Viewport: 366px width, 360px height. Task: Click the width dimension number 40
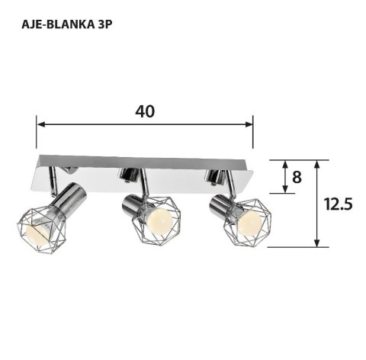coord(145,111)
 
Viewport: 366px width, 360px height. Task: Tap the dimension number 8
coord(297,177)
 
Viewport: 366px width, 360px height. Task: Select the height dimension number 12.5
coord(337,204)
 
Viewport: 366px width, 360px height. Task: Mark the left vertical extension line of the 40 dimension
coord(36,133)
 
